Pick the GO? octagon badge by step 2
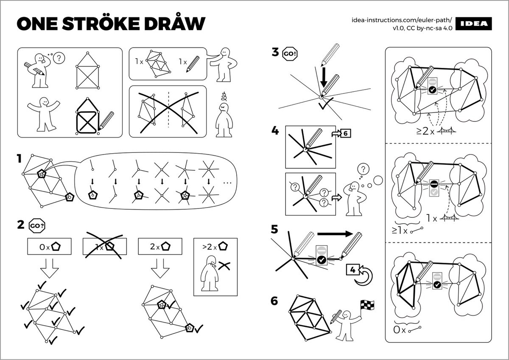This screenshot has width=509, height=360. (36, 225)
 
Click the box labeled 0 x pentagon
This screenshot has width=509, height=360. (49, 246)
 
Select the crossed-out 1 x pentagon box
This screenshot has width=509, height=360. (104, 246)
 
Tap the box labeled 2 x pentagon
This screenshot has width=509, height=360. (160, 246)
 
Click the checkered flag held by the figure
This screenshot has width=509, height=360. (365, 304)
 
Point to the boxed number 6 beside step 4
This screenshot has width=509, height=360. (345, 133)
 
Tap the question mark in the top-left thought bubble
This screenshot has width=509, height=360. (60, 58)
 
